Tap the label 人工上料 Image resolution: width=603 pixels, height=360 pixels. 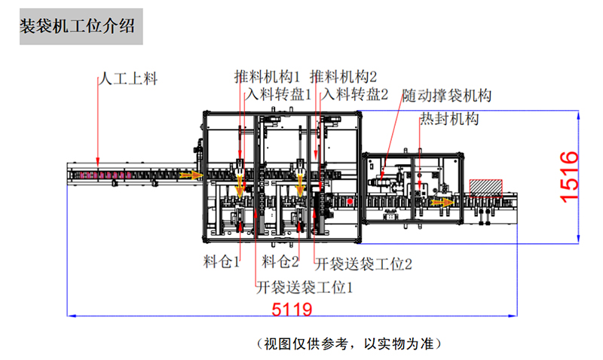coord(129,78)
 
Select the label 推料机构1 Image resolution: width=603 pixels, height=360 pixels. coord(267,76)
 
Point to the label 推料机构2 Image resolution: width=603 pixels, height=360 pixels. coord(343,76)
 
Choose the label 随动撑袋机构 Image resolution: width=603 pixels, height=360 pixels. coord(447,96)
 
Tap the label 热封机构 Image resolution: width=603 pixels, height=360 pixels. coord(449,118)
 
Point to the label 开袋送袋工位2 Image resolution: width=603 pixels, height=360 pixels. coord(363,264)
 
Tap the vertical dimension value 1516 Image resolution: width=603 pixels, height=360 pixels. coord(570,175)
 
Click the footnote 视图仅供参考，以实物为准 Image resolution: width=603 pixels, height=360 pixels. coord(348,344)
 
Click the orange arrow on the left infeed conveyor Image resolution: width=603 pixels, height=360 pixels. coord(194,175)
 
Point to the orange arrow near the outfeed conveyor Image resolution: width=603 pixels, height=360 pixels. coord(442,202)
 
